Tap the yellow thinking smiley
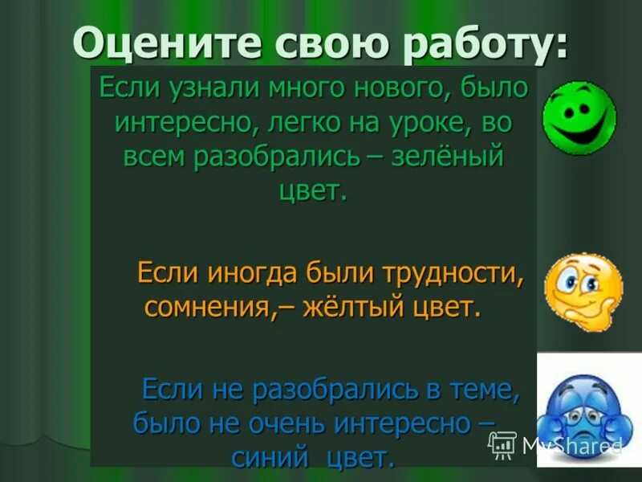coord(582,287)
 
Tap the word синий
coord(270,457)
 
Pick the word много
coord(299,88)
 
